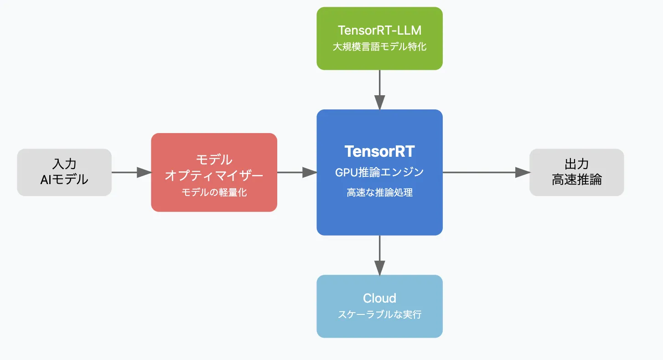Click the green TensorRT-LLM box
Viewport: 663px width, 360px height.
click(x=379, y=38)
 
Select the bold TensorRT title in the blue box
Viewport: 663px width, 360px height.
click(x=379, y=151)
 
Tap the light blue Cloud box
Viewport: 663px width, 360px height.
click(x=379, y=306)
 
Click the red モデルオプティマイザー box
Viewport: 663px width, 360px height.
click(x=214, y=172)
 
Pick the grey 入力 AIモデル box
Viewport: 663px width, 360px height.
click(x=64, y=172)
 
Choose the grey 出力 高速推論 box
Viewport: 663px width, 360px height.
click(x=576, y=172)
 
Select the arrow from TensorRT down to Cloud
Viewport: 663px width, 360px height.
click(x=379, y=255)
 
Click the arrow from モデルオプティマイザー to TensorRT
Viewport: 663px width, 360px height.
click(x=297, y=172)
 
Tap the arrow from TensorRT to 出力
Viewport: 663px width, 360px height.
click(x=486, y=172)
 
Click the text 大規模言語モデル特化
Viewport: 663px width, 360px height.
click(x=379, y=46)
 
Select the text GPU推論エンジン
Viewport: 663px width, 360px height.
click(x=379, y=172)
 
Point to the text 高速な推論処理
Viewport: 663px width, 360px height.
click(x=379, y=192)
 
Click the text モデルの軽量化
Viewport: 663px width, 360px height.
click(x=214, y=192)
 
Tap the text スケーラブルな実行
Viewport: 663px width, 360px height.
click(x=379, y=314)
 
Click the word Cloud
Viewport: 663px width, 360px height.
click(x=379, y=298)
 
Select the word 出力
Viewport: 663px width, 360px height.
click(x=576, y=164)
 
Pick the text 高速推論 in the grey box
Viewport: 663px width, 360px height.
click(x=576, y=180)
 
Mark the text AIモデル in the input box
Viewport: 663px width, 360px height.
click(x=64, y=180)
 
